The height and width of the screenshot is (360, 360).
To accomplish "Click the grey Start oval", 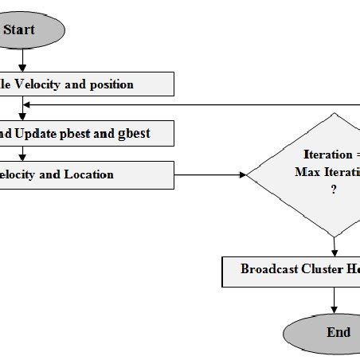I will [x=28, y=31].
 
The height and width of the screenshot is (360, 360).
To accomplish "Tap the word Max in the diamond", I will [x=308, y=172].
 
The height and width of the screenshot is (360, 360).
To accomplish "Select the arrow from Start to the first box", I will [x=24, y=61].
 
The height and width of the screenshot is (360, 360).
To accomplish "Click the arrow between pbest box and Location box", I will [x=24, y=153].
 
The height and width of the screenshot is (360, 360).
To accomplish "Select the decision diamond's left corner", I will [x=248, y=174].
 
